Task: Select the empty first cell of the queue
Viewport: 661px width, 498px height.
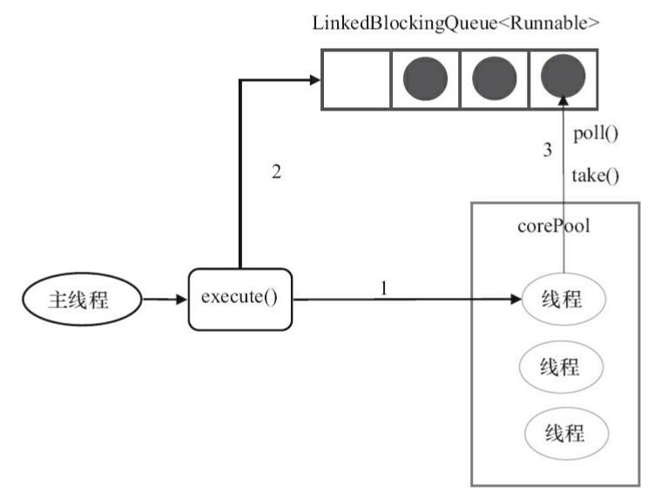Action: [356, 79]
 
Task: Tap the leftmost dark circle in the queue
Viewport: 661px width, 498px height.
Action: [425, 79]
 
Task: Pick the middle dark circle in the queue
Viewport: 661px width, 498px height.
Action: [494, 79]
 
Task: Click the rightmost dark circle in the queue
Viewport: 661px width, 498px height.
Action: [562, 79]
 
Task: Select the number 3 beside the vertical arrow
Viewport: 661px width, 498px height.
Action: [548, 150]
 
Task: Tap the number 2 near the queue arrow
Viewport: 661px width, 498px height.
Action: [276, 172]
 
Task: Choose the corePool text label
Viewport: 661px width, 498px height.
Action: [554, 226]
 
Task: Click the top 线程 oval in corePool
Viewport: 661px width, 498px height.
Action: [562, 300]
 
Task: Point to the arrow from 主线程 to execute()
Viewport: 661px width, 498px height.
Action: [164, 300]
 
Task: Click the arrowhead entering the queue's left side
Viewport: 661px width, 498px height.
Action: [314, 80]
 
